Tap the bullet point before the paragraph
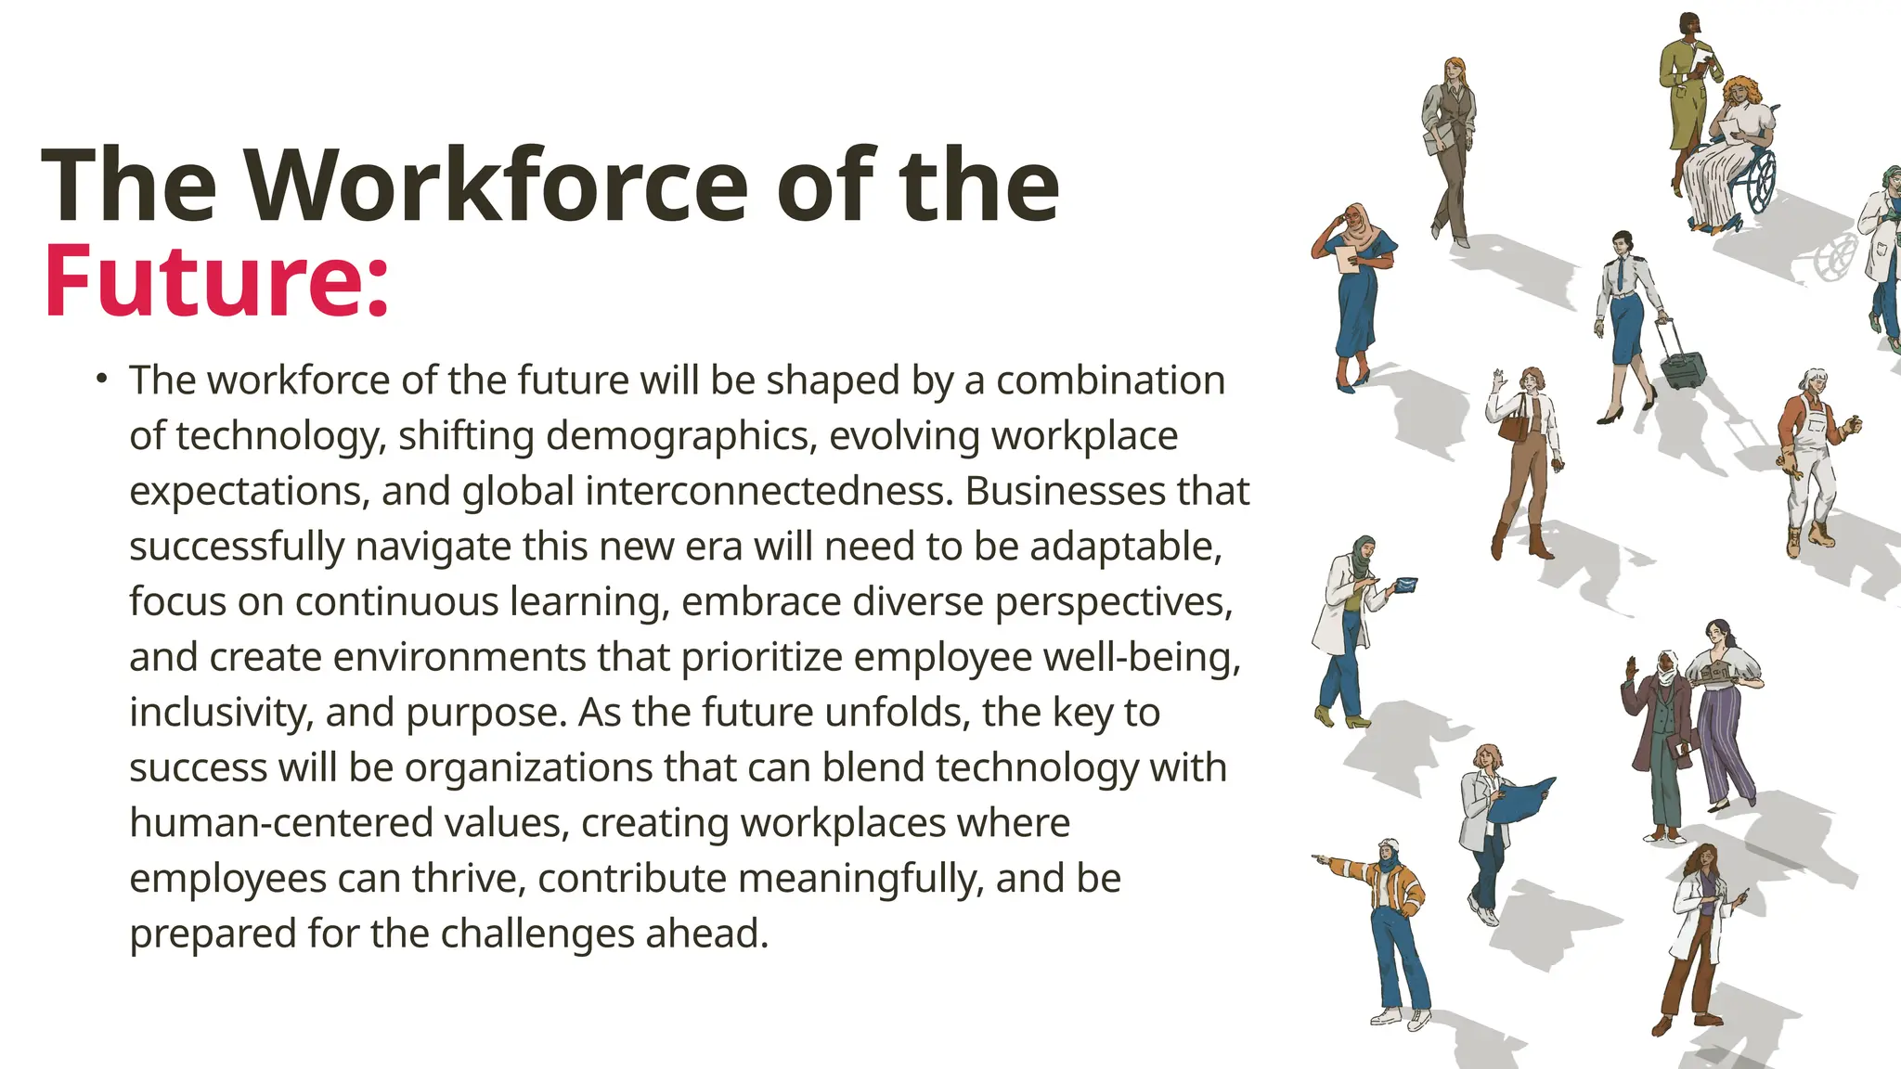(x=101, y=379)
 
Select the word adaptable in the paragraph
(x=1125, y=547)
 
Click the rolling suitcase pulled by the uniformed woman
(x=1681, y=364)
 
